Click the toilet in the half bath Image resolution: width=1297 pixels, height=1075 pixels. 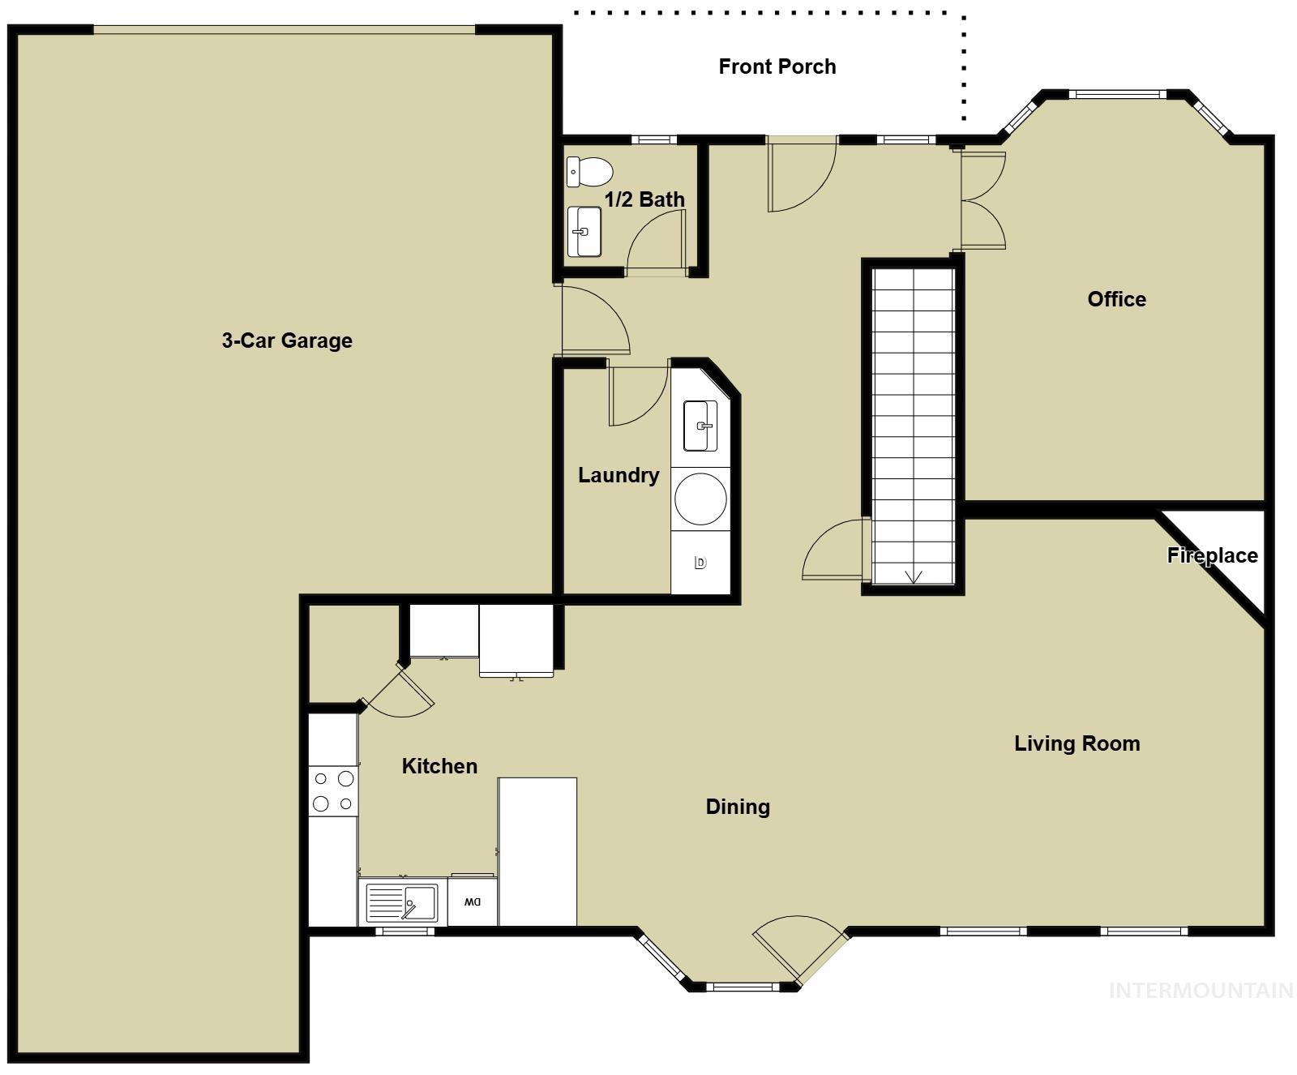(589, 171)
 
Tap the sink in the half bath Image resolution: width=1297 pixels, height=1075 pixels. (584, 232)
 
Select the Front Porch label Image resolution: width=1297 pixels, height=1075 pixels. (777, 66)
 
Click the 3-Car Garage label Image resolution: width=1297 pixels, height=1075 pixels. (287, 340)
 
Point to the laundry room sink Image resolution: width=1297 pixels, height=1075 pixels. (700, 426)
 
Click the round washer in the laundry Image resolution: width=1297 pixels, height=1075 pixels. (700, 499)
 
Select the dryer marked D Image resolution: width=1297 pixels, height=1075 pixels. (700, 563)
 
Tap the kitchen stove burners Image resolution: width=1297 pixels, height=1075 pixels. (333, 791)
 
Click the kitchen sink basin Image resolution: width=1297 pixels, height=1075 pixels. (420, 902)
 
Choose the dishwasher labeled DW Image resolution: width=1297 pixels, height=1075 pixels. (473, 902)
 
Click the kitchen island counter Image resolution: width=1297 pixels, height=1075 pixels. (537, 851)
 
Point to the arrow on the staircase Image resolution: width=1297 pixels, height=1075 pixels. (914, 576)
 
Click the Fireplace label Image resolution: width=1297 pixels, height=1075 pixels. (1212, 555)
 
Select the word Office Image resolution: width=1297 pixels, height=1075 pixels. (1116, 299)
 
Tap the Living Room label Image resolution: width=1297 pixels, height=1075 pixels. (1077, 743)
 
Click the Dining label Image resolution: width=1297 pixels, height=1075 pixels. (738, 807)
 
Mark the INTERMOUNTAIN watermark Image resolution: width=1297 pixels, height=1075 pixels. (1201, 990)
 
